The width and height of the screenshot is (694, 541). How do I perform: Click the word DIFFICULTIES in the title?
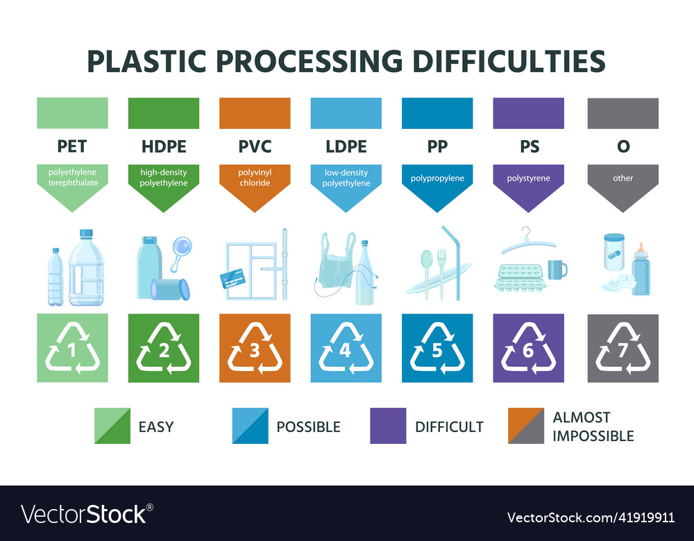509,61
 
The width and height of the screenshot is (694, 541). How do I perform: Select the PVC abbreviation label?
255,147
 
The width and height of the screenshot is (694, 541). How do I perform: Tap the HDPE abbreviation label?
164,147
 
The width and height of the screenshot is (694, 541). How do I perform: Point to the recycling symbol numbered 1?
72,348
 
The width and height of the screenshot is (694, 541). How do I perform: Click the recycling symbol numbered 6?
528,348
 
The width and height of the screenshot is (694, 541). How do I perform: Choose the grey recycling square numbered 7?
623,348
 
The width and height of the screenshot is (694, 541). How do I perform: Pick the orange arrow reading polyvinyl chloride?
255,184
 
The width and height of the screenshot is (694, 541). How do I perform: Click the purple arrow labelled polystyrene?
528,184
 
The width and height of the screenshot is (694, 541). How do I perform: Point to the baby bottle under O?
641,270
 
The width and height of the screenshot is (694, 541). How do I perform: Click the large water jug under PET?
87,267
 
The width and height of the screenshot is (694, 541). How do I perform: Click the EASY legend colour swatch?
112,426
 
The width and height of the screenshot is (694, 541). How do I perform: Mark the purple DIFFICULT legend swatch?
388,426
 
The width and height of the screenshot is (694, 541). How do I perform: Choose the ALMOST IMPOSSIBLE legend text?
593,427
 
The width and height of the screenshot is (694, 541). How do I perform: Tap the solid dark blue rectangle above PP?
437,113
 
